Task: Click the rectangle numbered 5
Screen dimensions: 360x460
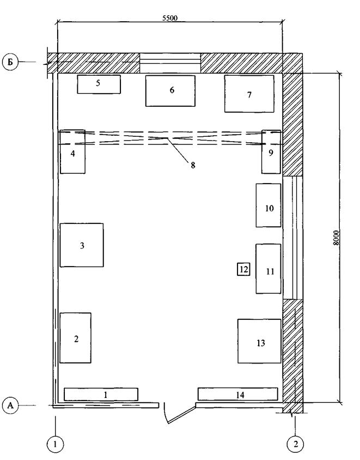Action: pyautogui.click(x=99, y=84)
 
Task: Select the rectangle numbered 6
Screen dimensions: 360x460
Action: pyautogui.click(x=170, y=91)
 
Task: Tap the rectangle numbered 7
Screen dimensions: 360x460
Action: pyautogui.click(x=249, y=94)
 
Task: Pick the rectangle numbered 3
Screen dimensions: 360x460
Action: pyautogui.click(x=82, y=245)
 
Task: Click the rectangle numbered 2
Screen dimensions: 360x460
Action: pyautogui.click(x=75, y=338)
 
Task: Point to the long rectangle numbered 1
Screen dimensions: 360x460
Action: pyautogui.click(x=101, y=394)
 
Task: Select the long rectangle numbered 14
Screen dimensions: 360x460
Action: pyautogui.click(x=238, y=394)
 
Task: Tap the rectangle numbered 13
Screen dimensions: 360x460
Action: pyautogui.click(x=259, y=341)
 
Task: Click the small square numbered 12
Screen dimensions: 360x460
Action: pyautogui.click(x=243, y=269)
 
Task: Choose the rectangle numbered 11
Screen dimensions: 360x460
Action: pyautogui.click(x=269, y=269)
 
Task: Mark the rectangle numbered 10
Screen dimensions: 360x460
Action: pyautogui.click(x=269, y=205)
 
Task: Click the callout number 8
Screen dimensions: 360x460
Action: pyautogui.click(x=193, y=165)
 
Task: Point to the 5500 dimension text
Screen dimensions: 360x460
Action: pyautogui.click(x=170, y=18)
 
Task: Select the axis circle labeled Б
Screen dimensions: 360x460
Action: pyautogui.click(x=10, y=63)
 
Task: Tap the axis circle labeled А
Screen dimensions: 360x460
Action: pyautogui.click(x=10, y=405)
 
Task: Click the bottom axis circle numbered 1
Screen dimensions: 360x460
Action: pyautogui.click(x=55, y=444)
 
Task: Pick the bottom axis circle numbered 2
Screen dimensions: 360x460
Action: pyautogui.click(x=296, y=444)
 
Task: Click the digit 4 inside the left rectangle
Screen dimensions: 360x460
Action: pyautogui.click(x=72, y=153)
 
